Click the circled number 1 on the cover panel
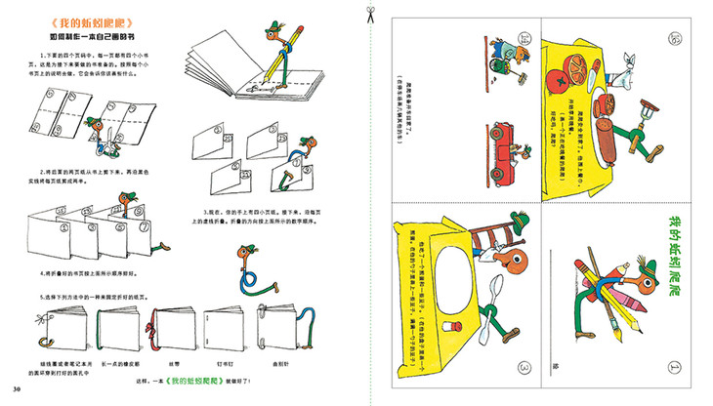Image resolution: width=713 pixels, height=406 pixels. (x=674, y=369)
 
